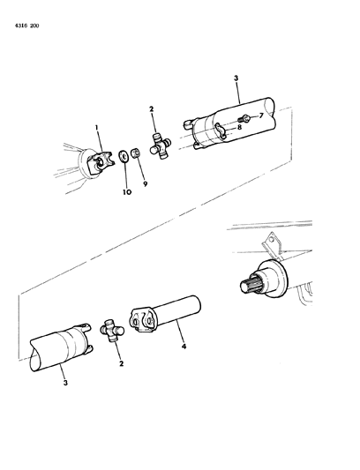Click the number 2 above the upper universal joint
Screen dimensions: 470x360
(x=152, y=109)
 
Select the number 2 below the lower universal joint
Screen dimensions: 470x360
(x=120, y=363)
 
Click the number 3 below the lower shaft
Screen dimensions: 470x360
(x=65, y=384)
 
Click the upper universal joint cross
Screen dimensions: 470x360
(x=160, y=145)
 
